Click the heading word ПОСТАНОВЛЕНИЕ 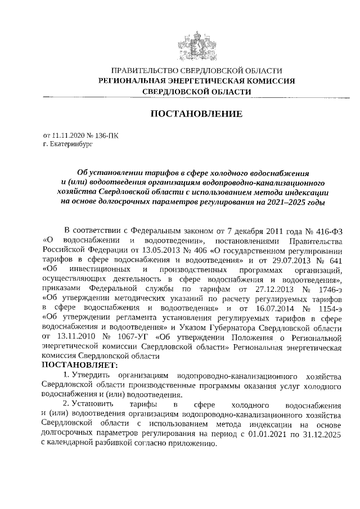click(196, 114)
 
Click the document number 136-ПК click(107, 136)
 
